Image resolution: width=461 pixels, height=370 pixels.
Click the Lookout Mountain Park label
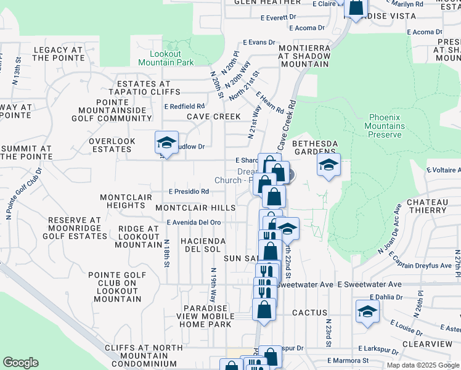point(166,58)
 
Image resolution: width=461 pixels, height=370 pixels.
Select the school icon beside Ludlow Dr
point(166,144)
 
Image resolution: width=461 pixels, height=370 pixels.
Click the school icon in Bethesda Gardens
point(329,165)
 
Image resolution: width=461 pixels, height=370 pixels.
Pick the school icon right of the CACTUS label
point(367,312)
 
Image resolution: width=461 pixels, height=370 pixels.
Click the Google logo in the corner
point(20,363)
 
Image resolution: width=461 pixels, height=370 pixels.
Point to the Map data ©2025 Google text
point(423,365)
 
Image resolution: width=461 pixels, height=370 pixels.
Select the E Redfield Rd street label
point(184,106)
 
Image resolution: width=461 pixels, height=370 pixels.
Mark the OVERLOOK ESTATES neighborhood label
point(112,146)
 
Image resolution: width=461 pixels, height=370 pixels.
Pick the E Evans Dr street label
point(258,42)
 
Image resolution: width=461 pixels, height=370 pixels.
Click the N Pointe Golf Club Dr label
point(23,194)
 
